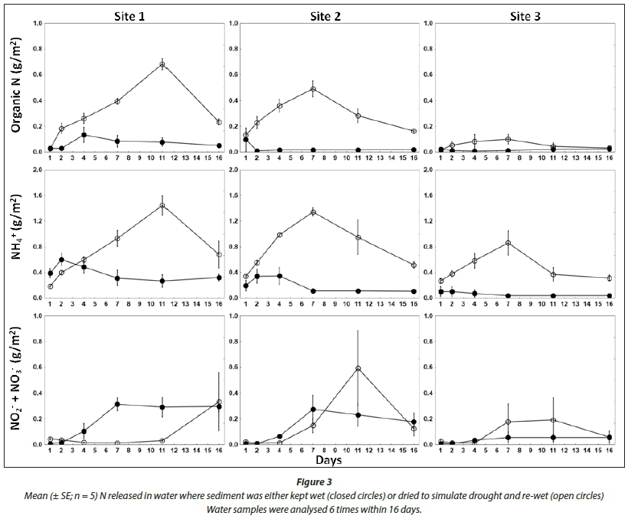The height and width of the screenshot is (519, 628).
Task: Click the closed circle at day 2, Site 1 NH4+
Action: (61, 259)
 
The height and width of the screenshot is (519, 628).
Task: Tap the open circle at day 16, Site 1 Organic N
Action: (219, 122)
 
